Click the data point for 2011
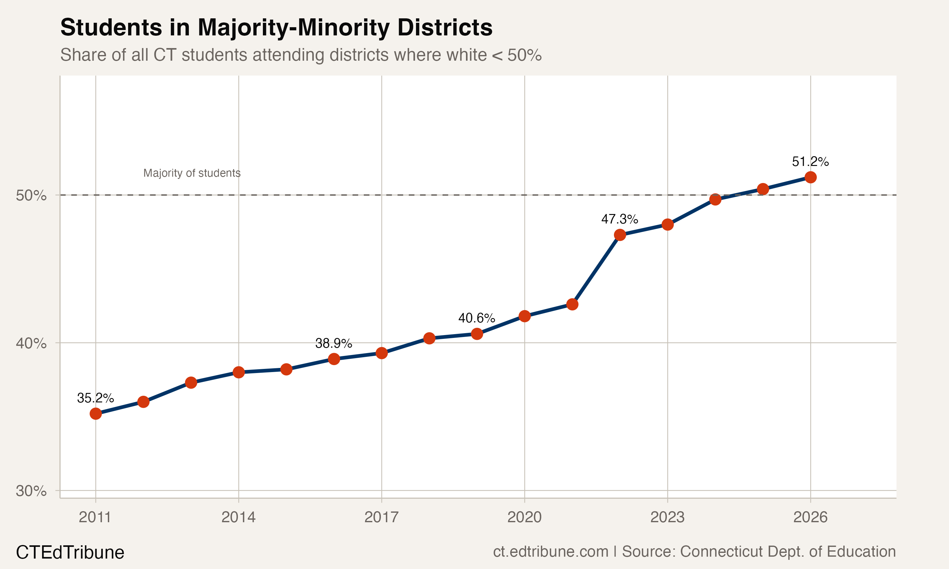(96, 414)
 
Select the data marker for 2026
(810, 177)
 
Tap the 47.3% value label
(619, 219)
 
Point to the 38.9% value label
(333, 343)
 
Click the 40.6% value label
(476, 318)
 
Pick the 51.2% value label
(810, 162)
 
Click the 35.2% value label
(95, 398)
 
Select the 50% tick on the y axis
(31, 196)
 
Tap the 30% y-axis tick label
(31, 491)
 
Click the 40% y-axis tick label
(31, 343)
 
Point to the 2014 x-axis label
(238, 517)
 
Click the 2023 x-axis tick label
(667, 517)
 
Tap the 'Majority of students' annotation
(192, 173)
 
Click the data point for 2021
(572, 304)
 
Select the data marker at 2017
(381, 353)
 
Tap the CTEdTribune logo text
(70, 553)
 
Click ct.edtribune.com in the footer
(550, 551)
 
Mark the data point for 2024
(715, 199)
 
